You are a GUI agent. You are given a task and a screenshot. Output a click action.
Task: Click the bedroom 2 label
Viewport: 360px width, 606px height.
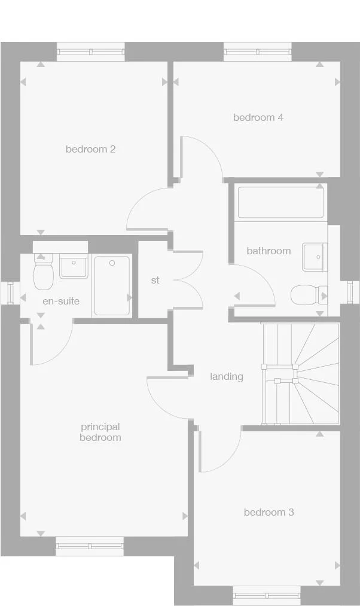[x=90, y=149]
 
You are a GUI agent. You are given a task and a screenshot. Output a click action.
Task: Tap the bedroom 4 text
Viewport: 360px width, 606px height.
[x=258, y=117]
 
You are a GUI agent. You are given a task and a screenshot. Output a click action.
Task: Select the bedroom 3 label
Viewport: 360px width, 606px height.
[x=269, y=512]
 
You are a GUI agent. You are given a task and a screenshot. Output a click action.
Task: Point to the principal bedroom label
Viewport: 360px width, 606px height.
[x=100, y=432]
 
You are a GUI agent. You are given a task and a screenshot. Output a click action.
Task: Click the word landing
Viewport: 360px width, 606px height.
[x=226, y=376]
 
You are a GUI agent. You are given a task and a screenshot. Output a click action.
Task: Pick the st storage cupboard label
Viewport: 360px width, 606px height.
[x=155, y=280]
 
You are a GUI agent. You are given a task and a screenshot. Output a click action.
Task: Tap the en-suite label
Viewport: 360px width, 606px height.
[x=60, y=301]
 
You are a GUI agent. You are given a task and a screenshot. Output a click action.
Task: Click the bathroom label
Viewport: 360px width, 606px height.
[x=269, y=251]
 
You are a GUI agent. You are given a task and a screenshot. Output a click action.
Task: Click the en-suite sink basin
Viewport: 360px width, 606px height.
[x=74, y=267]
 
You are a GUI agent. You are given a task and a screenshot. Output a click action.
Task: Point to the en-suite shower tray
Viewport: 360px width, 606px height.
[x=112, y=285]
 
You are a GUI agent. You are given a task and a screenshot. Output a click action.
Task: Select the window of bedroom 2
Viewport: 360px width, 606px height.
[x=90, y=51]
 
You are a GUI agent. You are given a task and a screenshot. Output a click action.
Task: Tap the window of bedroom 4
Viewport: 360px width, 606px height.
[x=258, y=51]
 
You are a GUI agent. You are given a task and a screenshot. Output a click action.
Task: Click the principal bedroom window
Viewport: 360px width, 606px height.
[x=90, y=545]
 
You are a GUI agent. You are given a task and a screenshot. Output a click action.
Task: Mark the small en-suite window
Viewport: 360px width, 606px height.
[x=10, y=293]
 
